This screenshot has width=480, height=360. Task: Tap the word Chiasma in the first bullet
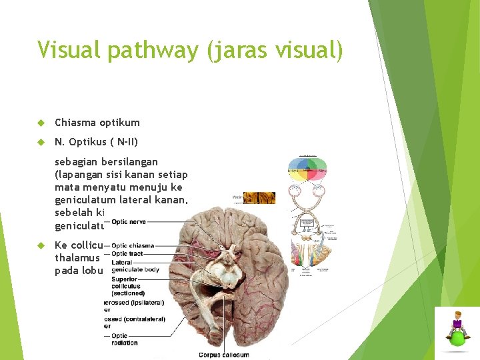click(75, 123)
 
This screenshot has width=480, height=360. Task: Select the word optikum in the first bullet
click(120, 123)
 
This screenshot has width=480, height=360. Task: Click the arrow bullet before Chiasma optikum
click(41, 123)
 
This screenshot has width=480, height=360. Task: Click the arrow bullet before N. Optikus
click(41, 141)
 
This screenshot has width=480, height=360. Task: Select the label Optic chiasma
click(132, 246)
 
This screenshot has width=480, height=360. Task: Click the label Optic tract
click(127, 254)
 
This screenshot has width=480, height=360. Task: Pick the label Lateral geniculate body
click(135, 266)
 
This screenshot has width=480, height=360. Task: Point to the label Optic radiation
click(125, 339)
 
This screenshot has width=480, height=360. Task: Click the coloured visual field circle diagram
click(308, 170)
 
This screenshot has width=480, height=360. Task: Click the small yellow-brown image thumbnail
click(259, 197)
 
